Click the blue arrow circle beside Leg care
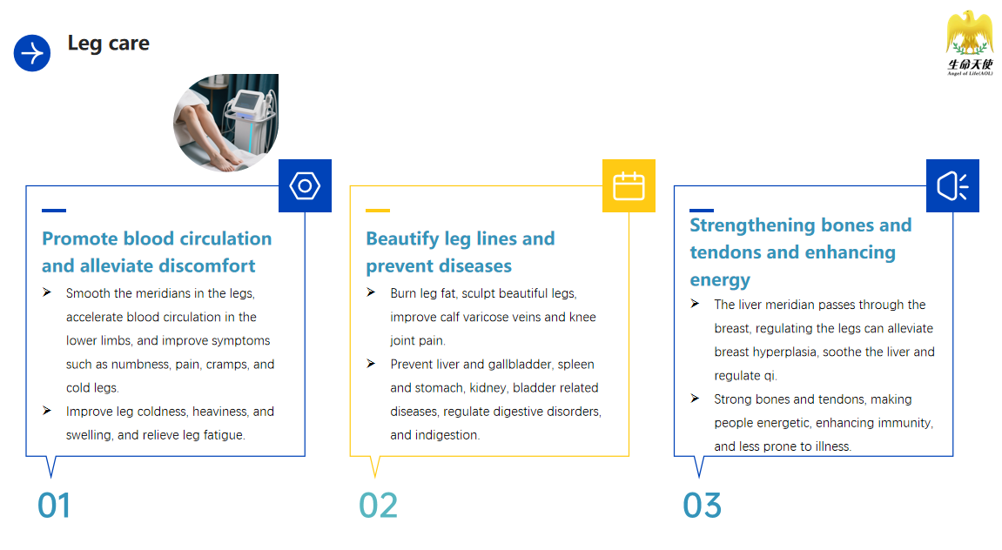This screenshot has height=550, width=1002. coord(32,53)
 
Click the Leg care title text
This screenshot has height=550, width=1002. coord(109,44)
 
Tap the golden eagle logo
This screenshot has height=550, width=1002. coord(970,43)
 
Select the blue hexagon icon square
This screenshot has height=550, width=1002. coord(305,186)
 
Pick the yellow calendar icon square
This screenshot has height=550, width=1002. coord(629,186)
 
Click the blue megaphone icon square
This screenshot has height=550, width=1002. coord(952,186)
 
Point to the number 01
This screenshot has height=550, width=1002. coord(54,506)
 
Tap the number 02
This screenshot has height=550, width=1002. coord(379,506)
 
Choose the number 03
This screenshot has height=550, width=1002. coord(703,506)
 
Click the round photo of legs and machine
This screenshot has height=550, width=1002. coord(226,123)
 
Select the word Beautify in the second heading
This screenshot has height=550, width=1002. coord(402,239)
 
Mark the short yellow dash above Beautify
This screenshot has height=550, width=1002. coord(378,210)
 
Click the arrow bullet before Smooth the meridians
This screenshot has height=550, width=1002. coord(47,292)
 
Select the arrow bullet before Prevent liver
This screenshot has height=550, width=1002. coord(371,364)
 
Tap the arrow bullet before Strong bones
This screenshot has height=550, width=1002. coord(696,399)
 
